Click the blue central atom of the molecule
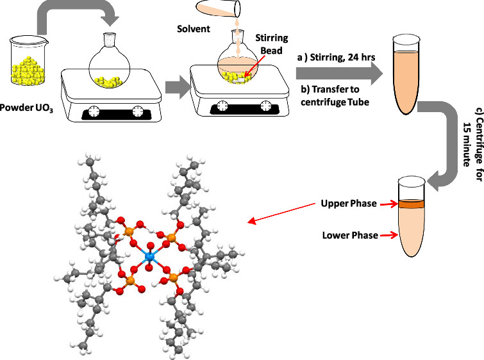[150, 257]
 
